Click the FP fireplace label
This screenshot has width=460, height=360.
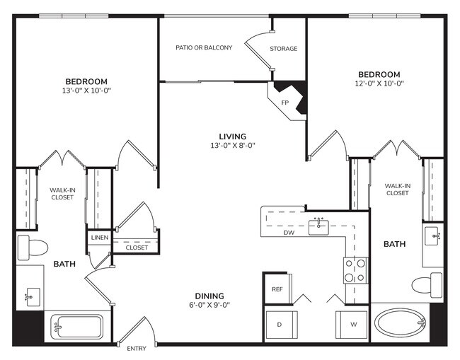[286, 102]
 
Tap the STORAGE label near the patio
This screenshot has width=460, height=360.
[283, 49]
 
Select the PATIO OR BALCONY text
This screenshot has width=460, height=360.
[204, 48]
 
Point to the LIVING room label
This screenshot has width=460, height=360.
[232, 136]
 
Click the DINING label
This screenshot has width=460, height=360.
[209, 296]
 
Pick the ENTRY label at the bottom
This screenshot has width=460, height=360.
[137, 349]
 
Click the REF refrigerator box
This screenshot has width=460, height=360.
[277, 289]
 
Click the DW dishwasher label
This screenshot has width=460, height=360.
[289, 232]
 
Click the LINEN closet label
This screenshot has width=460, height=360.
[99, 238]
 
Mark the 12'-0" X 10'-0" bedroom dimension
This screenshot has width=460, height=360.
[379, 83]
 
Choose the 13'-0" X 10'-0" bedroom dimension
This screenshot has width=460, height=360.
[87, 91]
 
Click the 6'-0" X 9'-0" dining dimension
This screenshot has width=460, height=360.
[209, 305]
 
